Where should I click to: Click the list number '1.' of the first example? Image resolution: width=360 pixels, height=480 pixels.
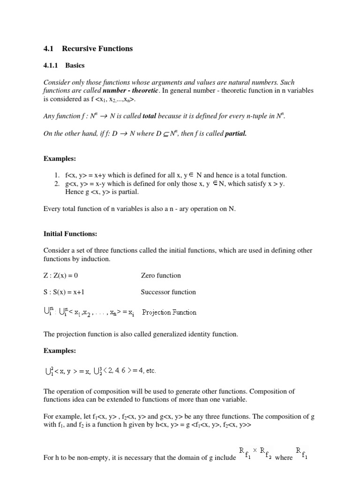coord(58,175)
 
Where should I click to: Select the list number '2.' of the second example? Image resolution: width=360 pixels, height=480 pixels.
coord(58,183)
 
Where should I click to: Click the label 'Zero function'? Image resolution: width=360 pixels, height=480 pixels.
coord(161,276)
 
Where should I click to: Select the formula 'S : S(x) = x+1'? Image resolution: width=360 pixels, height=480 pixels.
coord(64,292)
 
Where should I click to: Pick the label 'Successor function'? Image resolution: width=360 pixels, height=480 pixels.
coord(168,292)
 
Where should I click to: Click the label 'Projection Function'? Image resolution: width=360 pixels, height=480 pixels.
coord(169,312)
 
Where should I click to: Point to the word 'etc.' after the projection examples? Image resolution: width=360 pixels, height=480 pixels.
coord(150,371)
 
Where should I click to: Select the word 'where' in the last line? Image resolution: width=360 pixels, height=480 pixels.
coord(284,457)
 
